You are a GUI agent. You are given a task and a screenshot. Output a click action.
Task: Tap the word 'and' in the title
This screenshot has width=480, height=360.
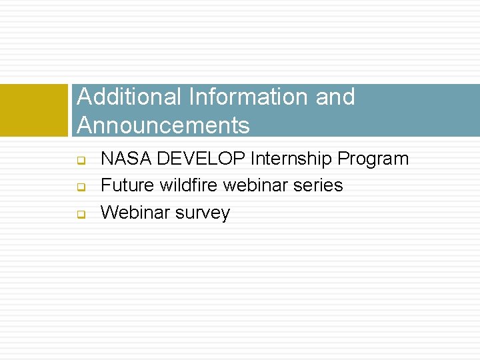point(335,97)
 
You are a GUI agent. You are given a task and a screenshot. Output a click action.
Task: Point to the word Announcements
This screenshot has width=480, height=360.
point(163,125)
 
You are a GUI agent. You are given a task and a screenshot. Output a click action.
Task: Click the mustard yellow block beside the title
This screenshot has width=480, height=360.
point(34,110)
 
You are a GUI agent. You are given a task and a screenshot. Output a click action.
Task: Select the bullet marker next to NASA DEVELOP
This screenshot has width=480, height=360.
point(79,161)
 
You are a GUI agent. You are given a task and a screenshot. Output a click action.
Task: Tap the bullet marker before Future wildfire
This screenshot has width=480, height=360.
point(79,187)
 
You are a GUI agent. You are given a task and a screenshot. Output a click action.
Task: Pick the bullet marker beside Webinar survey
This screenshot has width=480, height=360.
point(79,214)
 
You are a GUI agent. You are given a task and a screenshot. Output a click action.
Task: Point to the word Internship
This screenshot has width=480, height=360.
point(291,159)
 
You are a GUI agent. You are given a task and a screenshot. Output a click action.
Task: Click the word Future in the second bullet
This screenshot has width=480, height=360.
point(127,185)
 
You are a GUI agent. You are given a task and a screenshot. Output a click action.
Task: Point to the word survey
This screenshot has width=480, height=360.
point(203,213)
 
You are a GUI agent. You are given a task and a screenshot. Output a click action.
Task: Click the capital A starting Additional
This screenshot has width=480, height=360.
point(84,97)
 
